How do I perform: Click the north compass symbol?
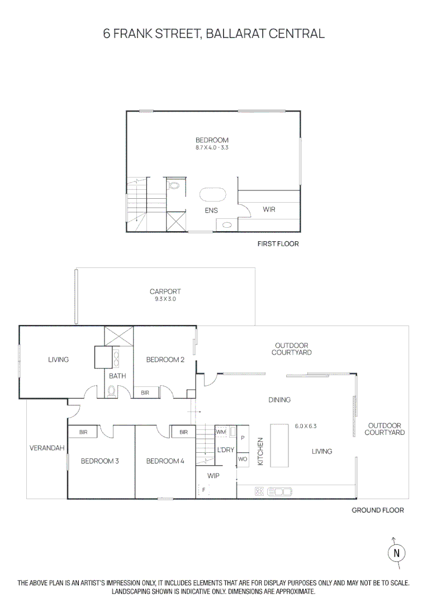[x=396, y=552]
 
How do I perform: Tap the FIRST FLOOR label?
[x=278, y=243]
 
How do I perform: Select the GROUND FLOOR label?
[x=377, y=510]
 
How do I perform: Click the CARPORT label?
[x=165, y=291]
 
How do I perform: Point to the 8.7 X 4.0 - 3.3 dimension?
[x=212, y=148]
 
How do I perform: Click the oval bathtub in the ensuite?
[x=213, y=194]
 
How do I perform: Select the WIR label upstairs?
[x=269, y=209]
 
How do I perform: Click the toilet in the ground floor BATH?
[x=111, y=392]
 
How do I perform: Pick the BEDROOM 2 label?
[x=165, y=360]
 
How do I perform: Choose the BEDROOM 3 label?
[x=99, y=461]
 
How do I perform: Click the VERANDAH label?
[x=47, y=448]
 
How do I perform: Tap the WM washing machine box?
[x=221, y=432]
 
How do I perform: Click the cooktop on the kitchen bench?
[x=259, y=492]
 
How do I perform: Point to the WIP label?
[x=213, y=476]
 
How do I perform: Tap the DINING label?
[x=279, y=400]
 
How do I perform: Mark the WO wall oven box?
[x=242, y=459]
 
